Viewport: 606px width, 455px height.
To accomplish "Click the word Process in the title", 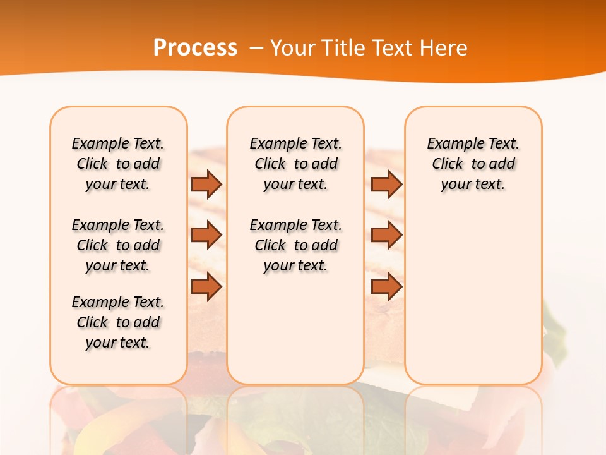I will [x=195, y=47].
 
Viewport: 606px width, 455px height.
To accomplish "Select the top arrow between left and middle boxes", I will [x=206, y=184].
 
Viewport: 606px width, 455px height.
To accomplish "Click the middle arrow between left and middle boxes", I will [x=206, y=235].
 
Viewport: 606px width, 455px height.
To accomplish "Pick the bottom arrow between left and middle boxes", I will [x=206, y=287].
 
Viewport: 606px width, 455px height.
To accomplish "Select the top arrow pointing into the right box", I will [x=386, y=184].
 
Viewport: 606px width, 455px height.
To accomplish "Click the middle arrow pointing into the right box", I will [x=386, y=235].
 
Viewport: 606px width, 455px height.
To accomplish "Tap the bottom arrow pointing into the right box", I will [x=386, y=287].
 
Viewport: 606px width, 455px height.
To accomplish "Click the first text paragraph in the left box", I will [x=118, y=164].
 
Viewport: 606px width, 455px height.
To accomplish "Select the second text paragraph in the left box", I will [x=118, y=245].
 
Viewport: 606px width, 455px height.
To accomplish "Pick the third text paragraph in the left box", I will [x=118, y=322].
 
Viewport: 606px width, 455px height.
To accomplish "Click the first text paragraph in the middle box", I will [x=295, y=164].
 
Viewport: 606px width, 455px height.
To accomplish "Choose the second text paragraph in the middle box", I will [x=295, y=245].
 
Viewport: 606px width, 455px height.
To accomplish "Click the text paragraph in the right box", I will [x=473, y=164].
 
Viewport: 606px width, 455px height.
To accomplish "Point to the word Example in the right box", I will [x=449, y=144].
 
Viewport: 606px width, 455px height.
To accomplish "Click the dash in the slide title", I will [x=256, y=48].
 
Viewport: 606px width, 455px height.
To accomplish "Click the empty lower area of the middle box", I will [x=295, y=329].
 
